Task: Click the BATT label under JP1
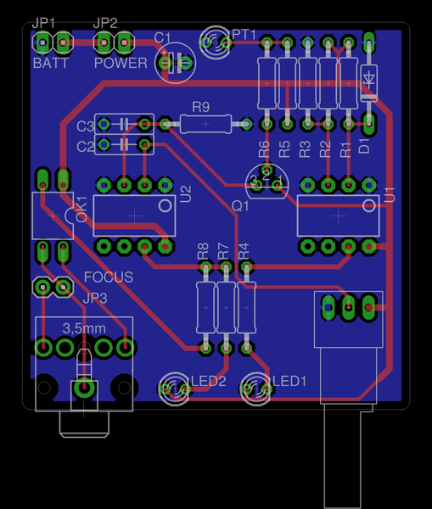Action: [x=51, y=63]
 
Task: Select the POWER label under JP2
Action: [x=121, y=63]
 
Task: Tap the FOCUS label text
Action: [x=109, y=277]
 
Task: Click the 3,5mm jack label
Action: [x=84, y=328]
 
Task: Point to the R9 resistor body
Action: [x=205, y=124]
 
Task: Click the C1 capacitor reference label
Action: [x=162, y=38]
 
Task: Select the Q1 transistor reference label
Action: [x=240, y=206]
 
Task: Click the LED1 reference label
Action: [x=289, y=381]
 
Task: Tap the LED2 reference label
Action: [x=209, y=381]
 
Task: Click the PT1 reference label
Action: [x=244, y=35]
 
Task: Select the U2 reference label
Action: [x=186, y=194]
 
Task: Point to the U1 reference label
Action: [x=390, y=195]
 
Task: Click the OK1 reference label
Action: [x=81, y=209]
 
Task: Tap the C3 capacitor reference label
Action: [x=85, y=126]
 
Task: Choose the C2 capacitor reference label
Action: [x=85, y=147]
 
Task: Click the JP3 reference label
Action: [x=95, y=298]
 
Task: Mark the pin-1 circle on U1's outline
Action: [x=368, y=205]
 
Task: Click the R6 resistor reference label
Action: [x=264, y=149]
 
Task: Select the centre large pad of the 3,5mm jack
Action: [x=84, y=388]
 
